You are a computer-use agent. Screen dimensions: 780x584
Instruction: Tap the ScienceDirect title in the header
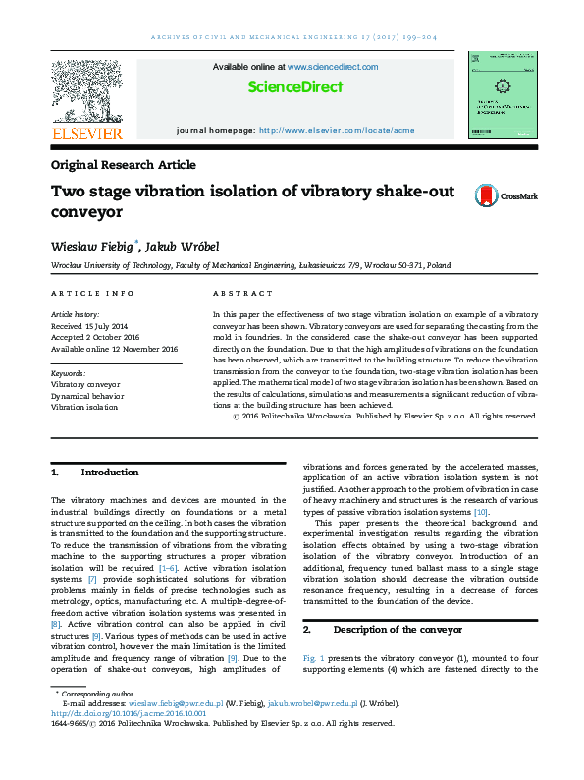294,86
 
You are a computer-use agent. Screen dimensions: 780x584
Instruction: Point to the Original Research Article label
123,165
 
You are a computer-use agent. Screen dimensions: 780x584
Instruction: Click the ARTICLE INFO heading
91,294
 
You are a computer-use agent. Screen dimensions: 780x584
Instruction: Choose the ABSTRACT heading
242,294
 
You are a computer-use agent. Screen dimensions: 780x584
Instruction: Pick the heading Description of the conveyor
395,628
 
